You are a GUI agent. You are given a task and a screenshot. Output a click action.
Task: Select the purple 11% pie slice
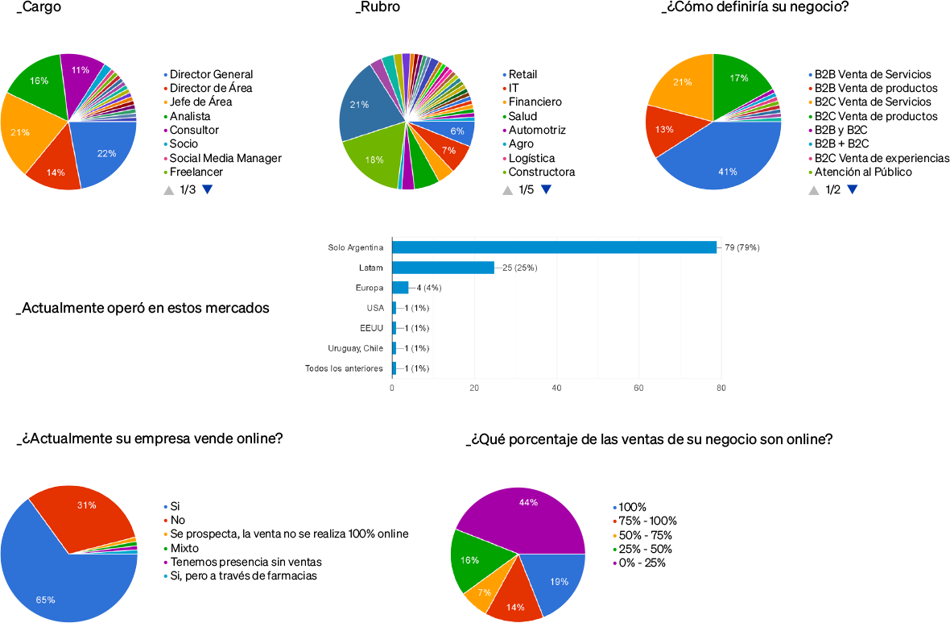81,74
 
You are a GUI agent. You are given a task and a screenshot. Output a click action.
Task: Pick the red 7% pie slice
449,151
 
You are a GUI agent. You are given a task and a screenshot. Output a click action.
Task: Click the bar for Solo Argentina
554,247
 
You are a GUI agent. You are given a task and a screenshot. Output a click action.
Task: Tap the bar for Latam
443,268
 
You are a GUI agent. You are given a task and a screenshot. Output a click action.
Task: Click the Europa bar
400,288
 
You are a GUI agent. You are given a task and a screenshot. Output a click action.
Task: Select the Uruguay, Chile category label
355,348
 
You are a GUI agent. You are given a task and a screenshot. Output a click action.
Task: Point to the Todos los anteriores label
344,368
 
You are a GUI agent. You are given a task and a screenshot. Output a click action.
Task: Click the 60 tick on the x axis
638,388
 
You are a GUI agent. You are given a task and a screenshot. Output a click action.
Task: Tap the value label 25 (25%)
520,268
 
